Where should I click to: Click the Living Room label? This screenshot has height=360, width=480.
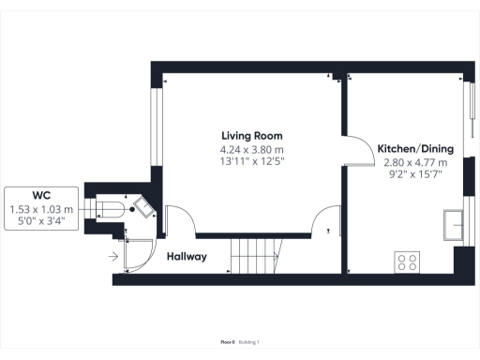pos(251,135)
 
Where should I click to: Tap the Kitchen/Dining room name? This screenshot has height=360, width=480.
pos(415,149)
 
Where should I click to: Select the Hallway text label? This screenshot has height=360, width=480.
pos(187,256)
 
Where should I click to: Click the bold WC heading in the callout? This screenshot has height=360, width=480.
pos(41,195)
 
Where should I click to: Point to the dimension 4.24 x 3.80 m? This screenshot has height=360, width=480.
pos(251,149)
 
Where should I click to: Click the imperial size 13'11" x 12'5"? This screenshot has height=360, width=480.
pos(251,161)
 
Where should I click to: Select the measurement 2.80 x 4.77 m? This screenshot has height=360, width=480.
pos(415,162)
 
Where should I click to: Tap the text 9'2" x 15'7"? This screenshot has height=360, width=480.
pos(415,174)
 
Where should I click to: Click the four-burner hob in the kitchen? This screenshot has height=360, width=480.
pos(408,262)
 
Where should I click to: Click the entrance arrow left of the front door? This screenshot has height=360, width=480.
pos(114,254)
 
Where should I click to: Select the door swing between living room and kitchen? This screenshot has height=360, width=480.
pos(357,150)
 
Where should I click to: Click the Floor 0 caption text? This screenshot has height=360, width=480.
pos(226,342)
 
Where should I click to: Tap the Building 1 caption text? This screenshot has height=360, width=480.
pos(248,342)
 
